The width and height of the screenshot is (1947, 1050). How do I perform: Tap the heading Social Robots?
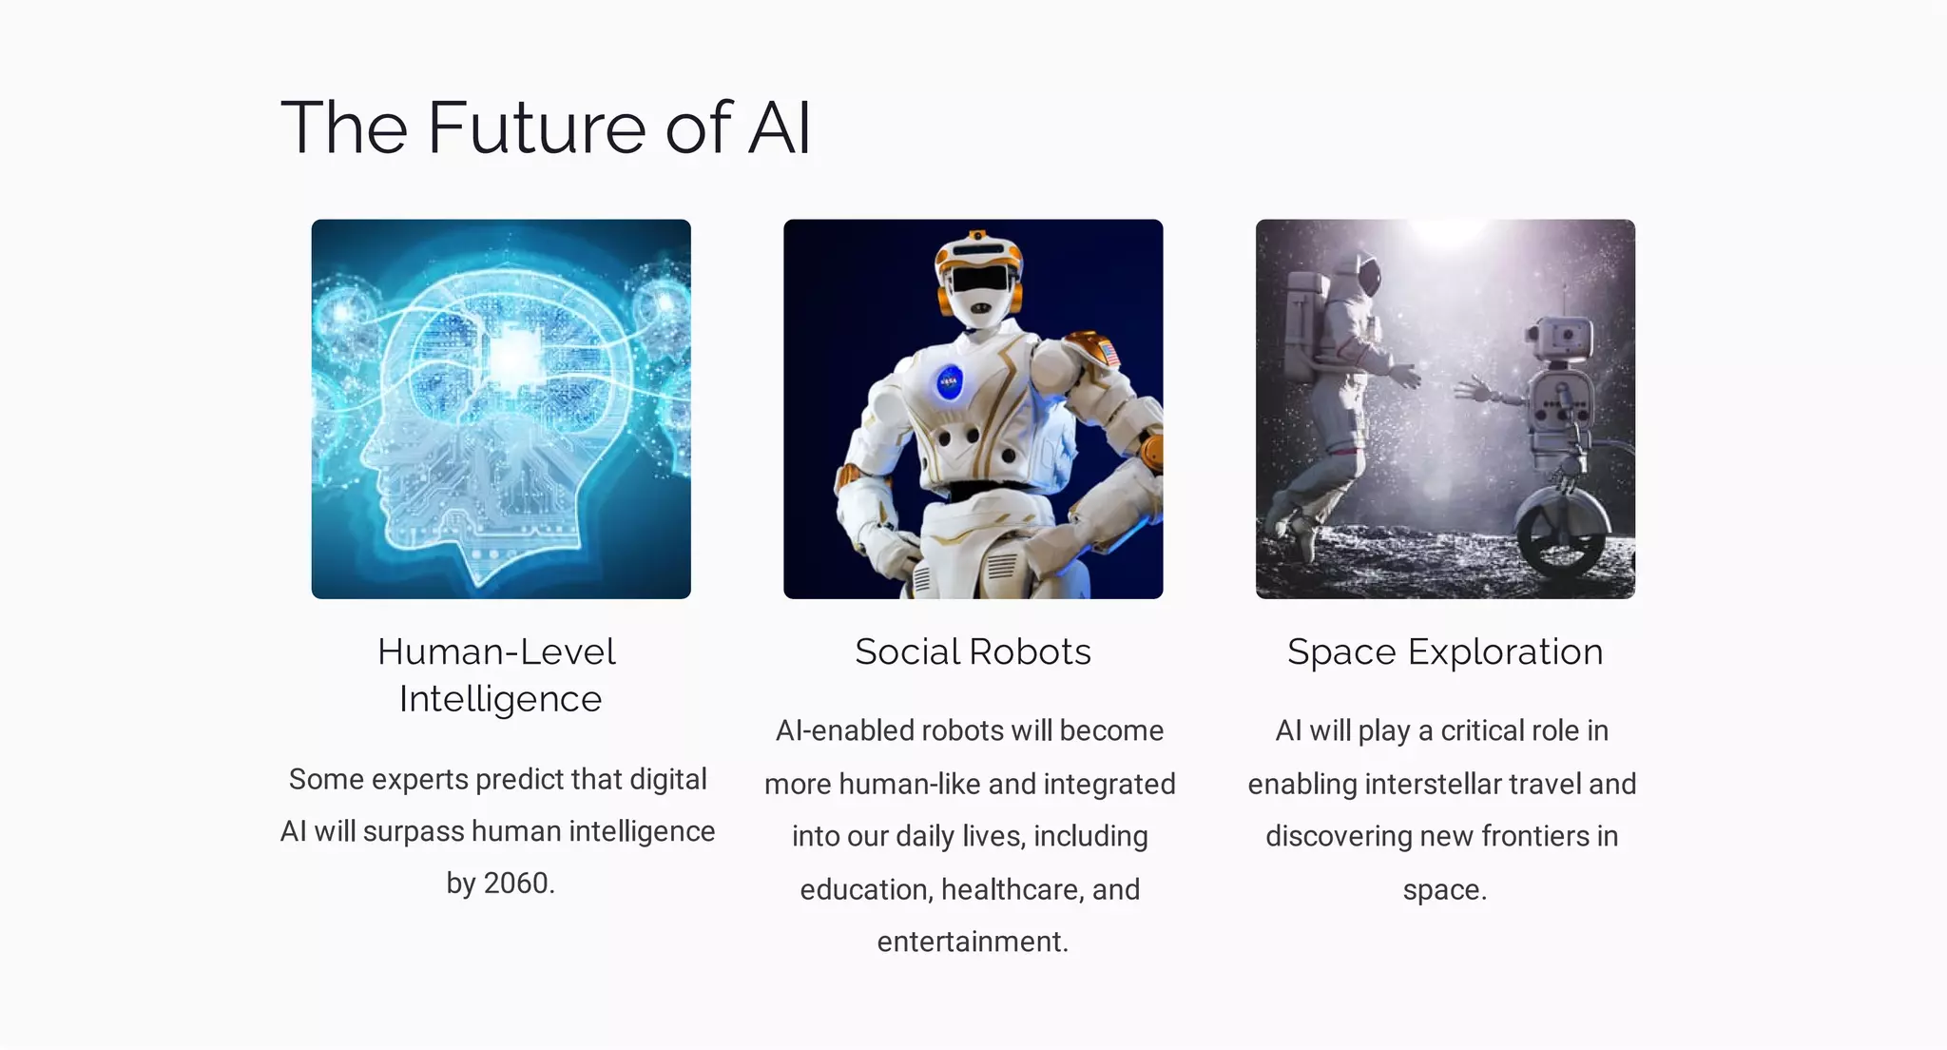click(973, 652)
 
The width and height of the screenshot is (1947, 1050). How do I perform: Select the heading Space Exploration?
click(1444, 652)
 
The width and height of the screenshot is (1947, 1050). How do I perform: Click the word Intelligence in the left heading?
click(500, 700)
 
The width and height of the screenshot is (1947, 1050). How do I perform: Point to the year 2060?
click(516, 884)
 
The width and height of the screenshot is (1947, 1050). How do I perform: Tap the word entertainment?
click(971, 943)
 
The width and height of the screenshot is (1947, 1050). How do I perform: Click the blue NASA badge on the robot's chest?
click(949, 381)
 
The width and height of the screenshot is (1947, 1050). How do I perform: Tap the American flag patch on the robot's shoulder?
click(1109, 355)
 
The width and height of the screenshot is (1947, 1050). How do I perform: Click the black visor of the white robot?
click(980, 280)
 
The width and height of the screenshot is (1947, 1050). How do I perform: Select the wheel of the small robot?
click(1558, 538)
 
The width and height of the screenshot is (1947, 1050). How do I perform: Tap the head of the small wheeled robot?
click(1559, 338)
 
